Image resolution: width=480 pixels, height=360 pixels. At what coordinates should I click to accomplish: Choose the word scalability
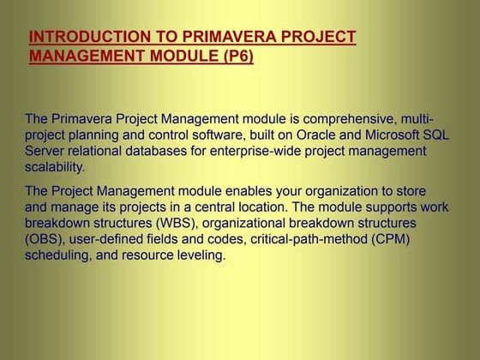[56, 167]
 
